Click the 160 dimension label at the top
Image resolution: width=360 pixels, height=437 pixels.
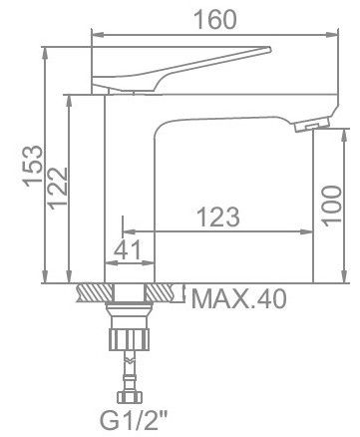[215, 20]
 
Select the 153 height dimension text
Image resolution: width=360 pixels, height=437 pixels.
[33, 167]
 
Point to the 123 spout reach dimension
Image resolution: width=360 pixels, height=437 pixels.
[217, 217]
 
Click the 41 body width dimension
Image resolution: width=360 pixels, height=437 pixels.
[128, 249]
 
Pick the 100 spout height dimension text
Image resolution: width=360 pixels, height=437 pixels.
[332, 207]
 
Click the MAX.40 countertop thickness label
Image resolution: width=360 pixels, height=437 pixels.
[238, 299]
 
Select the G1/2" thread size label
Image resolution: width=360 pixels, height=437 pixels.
[134, 421]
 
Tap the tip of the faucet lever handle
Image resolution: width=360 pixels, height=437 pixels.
[270, 50]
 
